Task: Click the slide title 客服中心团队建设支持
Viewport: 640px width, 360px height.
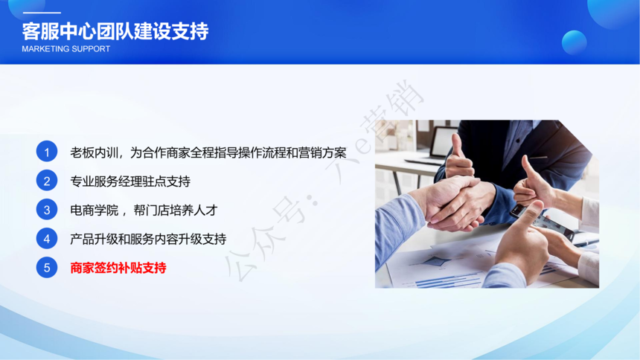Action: (115, 31)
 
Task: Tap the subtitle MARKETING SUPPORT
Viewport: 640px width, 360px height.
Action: (66, 49)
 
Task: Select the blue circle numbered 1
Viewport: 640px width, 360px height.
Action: (47, 152)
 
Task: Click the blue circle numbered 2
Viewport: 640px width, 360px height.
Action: (47, 181)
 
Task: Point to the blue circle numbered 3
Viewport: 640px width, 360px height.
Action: (47, 210)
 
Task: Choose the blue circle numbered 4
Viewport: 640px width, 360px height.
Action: (47, 238)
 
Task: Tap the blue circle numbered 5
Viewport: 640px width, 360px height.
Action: (47, 267)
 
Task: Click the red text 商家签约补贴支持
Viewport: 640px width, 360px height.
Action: (118, 268)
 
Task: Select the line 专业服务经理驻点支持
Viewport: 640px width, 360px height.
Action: (130, 181)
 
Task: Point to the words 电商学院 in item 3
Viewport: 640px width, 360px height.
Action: (95, 210)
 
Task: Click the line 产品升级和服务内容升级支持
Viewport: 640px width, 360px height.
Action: (148, 240)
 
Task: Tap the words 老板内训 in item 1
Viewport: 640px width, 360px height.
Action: (95, 152)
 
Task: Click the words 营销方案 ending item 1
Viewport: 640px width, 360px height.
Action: (322, 152)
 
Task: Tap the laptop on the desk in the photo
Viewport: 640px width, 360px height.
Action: (437, 145)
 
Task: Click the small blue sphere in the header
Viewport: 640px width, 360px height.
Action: (575, 42)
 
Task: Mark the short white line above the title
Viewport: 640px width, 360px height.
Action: (42, 13)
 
